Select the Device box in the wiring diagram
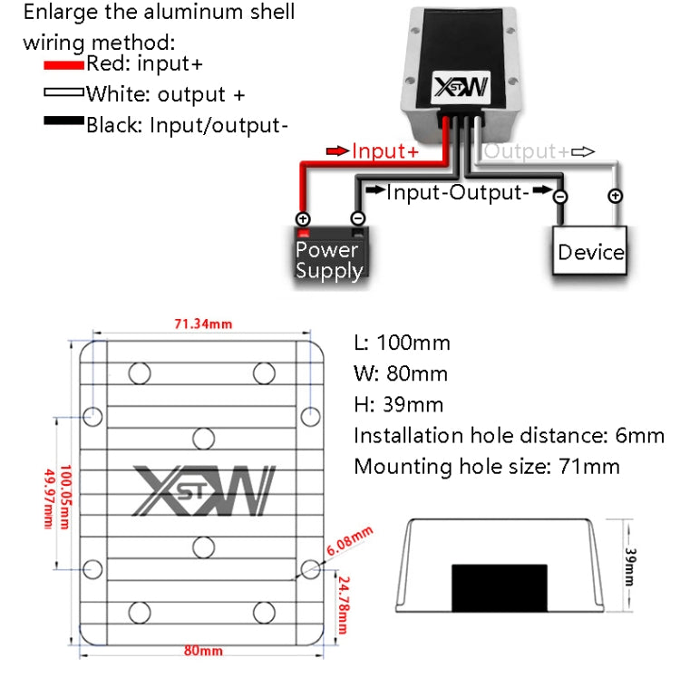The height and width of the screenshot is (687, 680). (x=590, y=251)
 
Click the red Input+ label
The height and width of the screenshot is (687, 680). (x=384, y=151)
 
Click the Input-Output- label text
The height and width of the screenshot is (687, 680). (x=457, y=192)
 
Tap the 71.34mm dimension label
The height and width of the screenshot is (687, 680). (x=203, y=324)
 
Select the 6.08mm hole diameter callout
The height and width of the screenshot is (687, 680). (x=349, y=542)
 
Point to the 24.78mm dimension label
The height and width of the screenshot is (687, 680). (x=343, y=605)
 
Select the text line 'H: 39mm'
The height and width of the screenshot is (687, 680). (x=398, y=404)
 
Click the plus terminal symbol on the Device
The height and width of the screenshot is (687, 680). (x=615, y=196)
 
